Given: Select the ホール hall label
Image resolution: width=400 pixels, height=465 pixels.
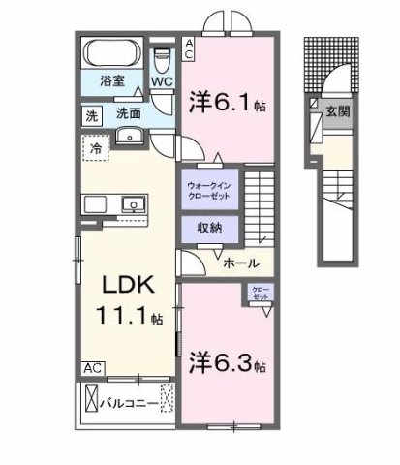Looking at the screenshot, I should click(x=240, y=263).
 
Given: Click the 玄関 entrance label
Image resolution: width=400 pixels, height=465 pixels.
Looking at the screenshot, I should click(x=339, y=111).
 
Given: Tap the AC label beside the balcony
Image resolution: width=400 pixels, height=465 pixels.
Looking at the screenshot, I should click(x=91, y=367).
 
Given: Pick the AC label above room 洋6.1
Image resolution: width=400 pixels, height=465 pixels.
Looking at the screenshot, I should click(x=190, y=48).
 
